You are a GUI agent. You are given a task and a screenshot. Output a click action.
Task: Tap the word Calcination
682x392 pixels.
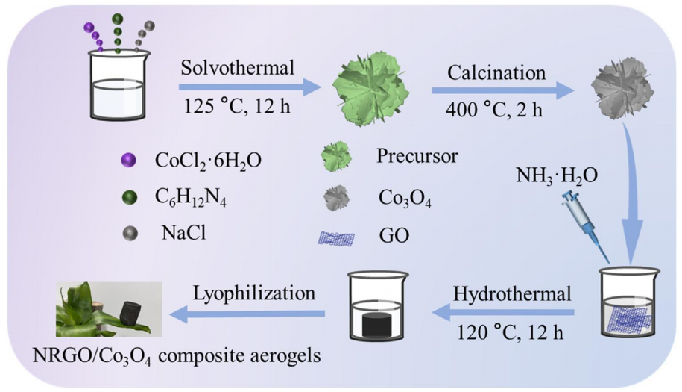click(496, 73)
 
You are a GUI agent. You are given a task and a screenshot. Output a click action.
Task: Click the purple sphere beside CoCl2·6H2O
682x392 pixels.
click(130, 159)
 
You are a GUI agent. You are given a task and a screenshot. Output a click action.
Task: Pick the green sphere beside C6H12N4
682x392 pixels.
click(130, 197)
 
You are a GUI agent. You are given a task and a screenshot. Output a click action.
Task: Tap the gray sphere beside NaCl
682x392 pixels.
click(130, 232)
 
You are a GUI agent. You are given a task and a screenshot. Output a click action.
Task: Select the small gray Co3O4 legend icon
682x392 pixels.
click(336, 198)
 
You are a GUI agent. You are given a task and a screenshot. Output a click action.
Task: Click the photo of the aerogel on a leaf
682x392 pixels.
click(109, 310)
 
